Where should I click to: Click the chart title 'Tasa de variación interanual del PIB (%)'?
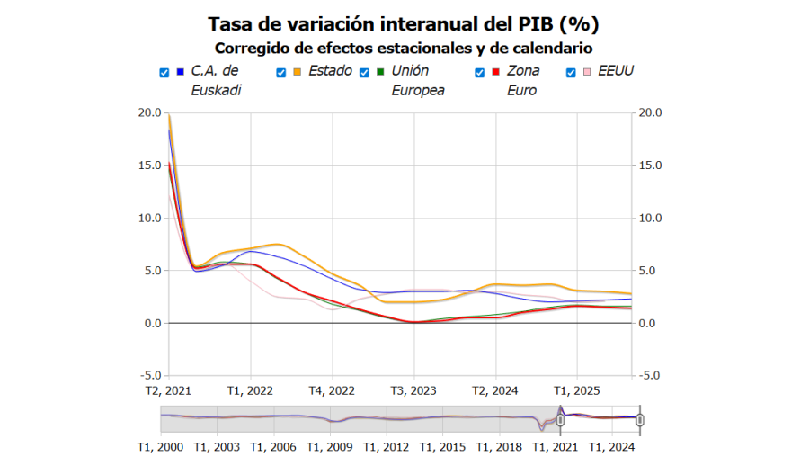(404, 23)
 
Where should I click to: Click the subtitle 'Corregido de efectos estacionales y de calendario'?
(404, 48)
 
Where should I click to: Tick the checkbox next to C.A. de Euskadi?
(164, 72)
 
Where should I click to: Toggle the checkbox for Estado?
(281, 72)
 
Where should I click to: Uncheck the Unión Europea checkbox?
(365, 72)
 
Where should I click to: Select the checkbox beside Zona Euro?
(480, 72)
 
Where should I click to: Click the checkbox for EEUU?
(571, 72)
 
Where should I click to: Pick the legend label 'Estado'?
(330, 71)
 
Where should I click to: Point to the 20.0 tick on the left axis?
(149, 112)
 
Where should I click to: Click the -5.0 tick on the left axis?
(149, 376)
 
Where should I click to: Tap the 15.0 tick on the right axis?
(649, 165)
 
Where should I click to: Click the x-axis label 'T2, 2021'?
(168, 391)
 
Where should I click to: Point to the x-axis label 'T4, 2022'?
(332, 391)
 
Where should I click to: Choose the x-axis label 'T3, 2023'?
(413, 391)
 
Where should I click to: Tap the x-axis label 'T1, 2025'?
(576, 391)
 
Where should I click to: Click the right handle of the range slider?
(640, 419)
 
